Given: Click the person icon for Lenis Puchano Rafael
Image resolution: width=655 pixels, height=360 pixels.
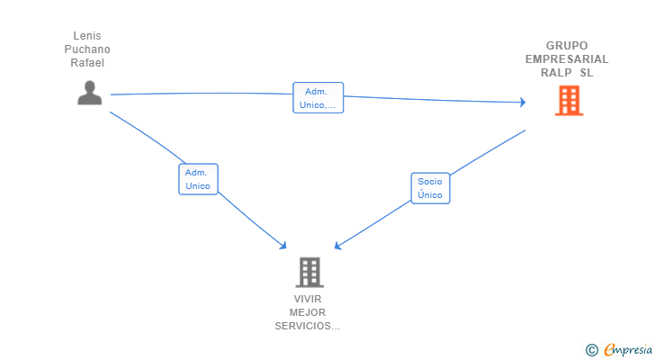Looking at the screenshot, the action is point(89,93).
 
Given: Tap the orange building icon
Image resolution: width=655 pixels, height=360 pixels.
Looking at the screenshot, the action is point(569,101).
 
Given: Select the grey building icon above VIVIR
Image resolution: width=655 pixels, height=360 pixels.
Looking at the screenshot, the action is point(310,273).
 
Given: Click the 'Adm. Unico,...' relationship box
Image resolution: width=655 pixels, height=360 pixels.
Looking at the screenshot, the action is point(319,98).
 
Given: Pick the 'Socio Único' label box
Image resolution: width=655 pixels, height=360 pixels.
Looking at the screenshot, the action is point(430,188).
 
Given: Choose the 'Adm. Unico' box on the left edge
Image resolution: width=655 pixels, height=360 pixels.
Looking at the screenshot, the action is point(198,179).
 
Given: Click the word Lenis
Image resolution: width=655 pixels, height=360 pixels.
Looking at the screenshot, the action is point(87,36).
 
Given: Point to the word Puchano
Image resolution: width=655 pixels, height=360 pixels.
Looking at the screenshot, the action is point(87,49).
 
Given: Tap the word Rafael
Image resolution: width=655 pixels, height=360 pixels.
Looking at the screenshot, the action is point(87,63).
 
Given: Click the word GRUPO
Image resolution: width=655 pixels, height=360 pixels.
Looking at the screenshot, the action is point(567,46).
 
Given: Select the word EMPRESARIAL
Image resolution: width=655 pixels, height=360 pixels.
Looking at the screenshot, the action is point(567,59).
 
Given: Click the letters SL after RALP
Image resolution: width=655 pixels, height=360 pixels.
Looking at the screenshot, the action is point(587,73).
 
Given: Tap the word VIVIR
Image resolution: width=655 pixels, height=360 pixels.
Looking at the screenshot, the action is point(308,299).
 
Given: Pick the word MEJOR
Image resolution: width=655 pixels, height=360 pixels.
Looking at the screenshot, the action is point(308,312).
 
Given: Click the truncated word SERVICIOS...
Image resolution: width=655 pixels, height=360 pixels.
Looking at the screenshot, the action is point(308,326).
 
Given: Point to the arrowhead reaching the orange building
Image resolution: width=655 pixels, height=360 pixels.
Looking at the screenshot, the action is point(523,102).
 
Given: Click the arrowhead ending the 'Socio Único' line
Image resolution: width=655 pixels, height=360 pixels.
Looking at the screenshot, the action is point(338,246).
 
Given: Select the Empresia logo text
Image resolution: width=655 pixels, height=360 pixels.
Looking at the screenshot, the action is point(628,350).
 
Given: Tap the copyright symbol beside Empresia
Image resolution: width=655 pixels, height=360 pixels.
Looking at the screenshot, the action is point(592,350).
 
